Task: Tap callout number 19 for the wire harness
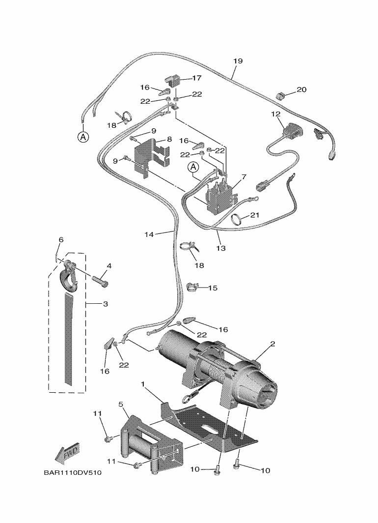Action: click(x=238, y=61)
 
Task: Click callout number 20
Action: click(x=301, y=89)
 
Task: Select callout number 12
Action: click(x=275, y=114)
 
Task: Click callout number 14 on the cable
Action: click(x=149, y=234)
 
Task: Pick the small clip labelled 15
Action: click(x=192, y=286)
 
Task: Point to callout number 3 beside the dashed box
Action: click(x=105, y=304)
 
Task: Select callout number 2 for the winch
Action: click(x=272, y=344)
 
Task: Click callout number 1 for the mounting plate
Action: click(x=143, y=383)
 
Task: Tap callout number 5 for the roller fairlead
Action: click(x=120, y=404)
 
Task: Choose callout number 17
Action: click(x=196, y=78)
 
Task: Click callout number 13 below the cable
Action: click(x=221, y=248)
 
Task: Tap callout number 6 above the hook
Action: click(x=61, y=239)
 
